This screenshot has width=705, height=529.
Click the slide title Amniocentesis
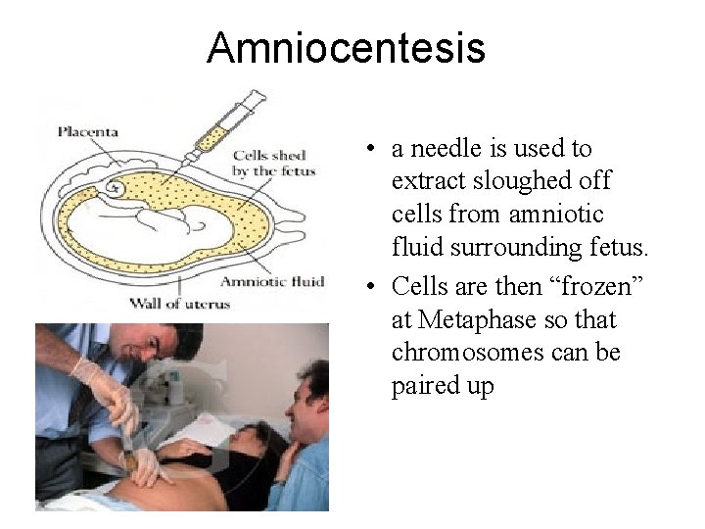[x=346, y=47]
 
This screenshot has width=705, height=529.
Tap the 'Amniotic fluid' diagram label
[x=272, y=282]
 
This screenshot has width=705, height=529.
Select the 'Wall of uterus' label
[x=180, y=303]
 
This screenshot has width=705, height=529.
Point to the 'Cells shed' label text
[x=269, y=155]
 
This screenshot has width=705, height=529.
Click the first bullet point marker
[x=363, y=150]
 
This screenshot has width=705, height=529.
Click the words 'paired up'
[x=443, y=386]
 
